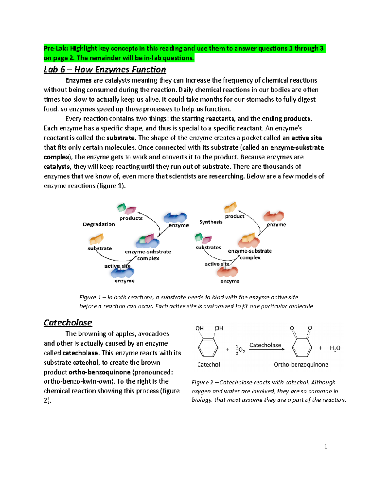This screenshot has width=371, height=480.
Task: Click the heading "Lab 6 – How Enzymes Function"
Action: point(105,70)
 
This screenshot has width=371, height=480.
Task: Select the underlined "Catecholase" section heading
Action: point(68,323)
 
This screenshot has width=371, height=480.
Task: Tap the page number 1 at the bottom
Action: point(326,447)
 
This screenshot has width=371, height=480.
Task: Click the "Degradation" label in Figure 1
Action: point(99,224)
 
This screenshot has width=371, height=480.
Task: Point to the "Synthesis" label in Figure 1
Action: point(211,222)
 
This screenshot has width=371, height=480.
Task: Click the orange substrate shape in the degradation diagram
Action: point(96,239)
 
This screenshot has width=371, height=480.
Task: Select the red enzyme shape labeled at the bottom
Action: point(228,272)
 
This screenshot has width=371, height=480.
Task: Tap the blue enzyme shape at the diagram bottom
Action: point(123,272)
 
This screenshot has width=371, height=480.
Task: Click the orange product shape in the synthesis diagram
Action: point(230,207)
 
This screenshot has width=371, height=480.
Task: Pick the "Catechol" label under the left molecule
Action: point(209,365)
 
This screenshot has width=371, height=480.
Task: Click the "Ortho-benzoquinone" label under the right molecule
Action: point(301,365)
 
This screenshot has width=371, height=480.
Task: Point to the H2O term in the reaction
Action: point(335,348)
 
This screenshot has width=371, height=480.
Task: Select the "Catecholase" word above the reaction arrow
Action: point(265,345)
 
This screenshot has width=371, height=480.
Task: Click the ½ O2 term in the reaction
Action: point(240,350)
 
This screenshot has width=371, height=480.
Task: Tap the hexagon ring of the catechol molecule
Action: point(208,348)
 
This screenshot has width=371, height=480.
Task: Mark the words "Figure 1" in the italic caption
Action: point(90,297)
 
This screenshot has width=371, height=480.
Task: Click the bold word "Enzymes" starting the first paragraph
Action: point(78,80)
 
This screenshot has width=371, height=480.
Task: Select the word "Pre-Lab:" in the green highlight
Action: point(56,49)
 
